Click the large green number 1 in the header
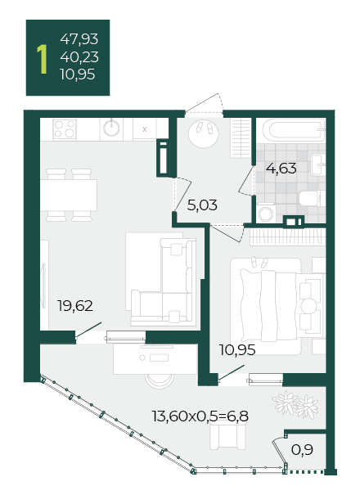click(x=42, y=59)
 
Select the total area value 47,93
click(x=79, y=39)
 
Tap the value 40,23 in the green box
click(x=79, y=57)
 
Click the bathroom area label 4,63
click(x=281, y=169)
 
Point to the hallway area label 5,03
click(x=202, y=205)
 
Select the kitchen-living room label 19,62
click(x=75, y=306)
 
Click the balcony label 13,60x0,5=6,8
click(x=200, y=416)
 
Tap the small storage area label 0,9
click(x=302, y=450)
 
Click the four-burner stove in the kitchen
click(x=65, y=129)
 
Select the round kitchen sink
click(x=111, y=128)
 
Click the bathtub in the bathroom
click(x=294, y=130)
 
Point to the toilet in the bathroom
click(x=310, y=198)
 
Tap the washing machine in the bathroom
click(x=266, y=213)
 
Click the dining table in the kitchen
click(x=69, y=195)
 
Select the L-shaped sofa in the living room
click(x=164, y=281)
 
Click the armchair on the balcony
click(x=228, y=436)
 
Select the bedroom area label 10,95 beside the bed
click(x=237, y=350)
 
